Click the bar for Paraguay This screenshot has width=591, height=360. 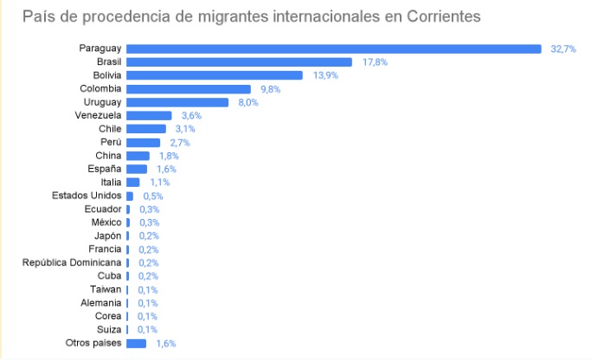pos(333,48)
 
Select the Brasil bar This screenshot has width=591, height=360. pos(239,62)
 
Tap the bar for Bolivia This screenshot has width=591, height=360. pos(215,75)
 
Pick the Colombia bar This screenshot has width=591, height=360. pos(189,89)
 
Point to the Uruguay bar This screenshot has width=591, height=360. pos(177,102)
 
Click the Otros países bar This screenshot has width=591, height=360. pos(137,344)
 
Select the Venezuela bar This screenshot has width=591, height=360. pos(149,115)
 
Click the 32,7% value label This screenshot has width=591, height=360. pos(563,49)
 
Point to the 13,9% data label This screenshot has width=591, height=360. pos(325,76)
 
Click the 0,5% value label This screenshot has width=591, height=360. pos(153,196)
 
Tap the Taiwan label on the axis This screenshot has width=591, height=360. pos(106,289)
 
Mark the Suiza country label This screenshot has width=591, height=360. pos(109,330)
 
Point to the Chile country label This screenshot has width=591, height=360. pos(110,129)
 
